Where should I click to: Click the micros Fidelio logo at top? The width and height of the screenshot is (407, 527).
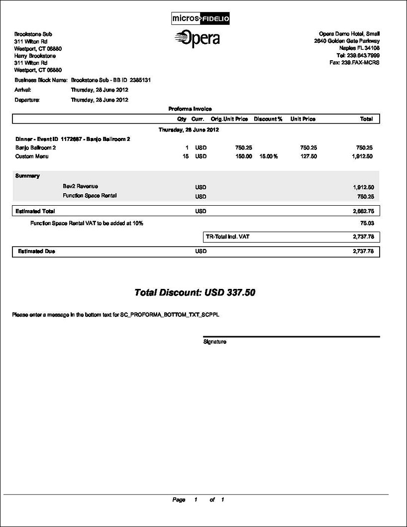point(200,18)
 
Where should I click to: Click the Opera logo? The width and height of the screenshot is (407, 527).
point(198,38)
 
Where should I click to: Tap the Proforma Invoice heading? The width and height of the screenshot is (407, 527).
point(190,109)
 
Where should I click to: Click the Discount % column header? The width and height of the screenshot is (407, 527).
point(268,119)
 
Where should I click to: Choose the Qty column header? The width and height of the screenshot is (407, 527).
point(182,119)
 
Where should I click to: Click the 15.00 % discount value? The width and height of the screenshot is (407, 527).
point(268,156)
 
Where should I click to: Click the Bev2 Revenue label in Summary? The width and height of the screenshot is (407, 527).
point(81,186)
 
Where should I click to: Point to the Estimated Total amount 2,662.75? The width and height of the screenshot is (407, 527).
point(363,211)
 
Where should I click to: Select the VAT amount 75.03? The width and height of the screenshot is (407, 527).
point(367,224)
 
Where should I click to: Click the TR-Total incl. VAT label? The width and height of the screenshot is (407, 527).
point(227,237)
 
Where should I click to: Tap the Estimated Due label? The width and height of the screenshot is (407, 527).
point(36,252)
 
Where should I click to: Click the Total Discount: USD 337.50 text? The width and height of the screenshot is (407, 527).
point(195,292)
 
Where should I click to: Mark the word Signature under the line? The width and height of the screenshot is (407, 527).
point(215,342)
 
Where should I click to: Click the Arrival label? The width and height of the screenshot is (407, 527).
point(23,90)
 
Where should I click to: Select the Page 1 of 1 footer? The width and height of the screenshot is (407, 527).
point(198,500)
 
